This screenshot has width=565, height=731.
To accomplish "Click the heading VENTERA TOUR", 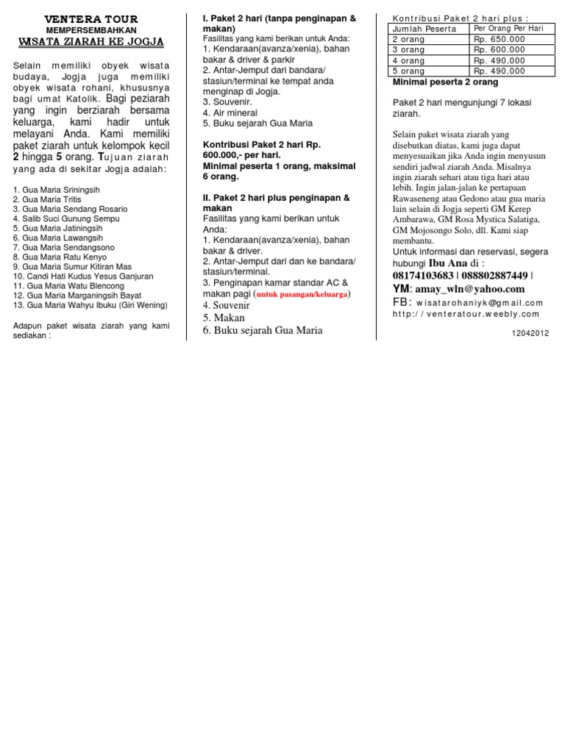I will (91, 18).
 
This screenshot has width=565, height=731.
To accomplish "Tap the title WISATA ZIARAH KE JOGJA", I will (91, 42).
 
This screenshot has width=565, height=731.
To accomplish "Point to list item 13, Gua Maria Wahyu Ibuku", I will (90, 304).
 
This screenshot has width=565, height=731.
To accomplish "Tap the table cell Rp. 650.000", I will (500, 39).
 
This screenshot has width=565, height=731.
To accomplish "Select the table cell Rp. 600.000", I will (500, 50).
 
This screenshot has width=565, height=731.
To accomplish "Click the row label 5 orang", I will (408, 71).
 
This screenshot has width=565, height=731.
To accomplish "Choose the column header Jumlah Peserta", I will (424, 29).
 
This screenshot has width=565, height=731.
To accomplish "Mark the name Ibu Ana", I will (448, 263).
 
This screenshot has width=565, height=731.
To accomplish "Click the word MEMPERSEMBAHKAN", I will (91, 29).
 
